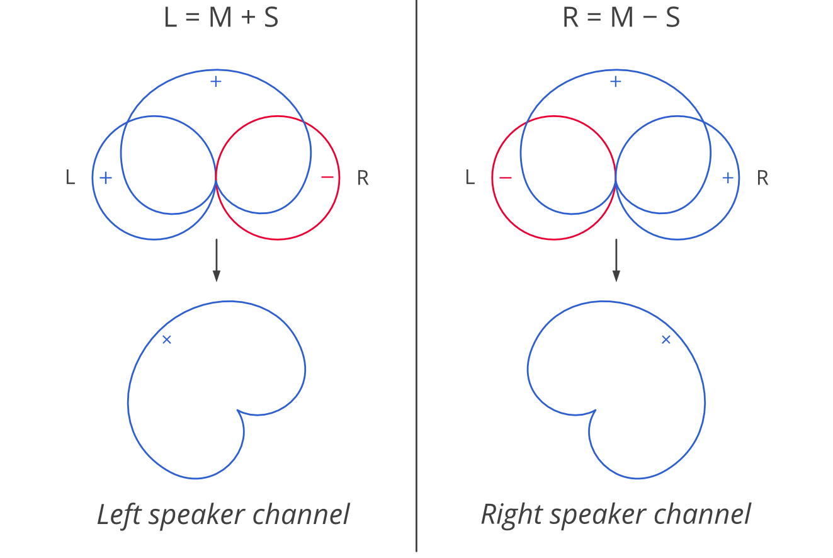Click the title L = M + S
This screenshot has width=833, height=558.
(x=220, y=18)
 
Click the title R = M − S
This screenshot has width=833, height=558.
(x=621, y=18)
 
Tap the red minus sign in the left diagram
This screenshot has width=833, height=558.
(x=327, y=178)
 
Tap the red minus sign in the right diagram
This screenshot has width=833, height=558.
(x=505, y=178)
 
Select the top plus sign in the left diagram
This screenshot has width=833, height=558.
(x=215, y=81)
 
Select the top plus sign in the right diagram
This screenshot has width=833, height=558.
(x=616, y=81)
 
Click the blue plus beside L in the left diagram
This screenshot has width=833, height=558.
(x=106, y=178)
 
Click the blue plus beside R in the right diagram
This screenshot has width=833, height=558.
(x=728, y=178)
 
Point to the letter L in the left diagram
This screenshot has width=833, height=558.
(x=70, y=178)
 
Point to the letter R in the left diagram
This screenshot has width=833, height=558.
(x=363, y=178)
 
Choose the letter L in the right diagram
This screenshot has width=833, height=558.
(x=470, y=178)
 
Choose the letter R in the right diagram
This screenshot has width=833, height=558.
(x=762, y=178)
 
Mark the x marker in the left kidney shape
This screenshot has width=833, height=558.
(x=167, y=339)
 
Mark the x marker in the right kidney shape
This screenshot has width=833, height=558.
(x=666, y=339)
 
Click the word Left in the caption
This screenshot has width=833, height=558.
(x=120, y=515)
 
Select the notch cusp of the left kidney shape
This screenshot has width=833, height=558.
(x=238, y=411)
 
